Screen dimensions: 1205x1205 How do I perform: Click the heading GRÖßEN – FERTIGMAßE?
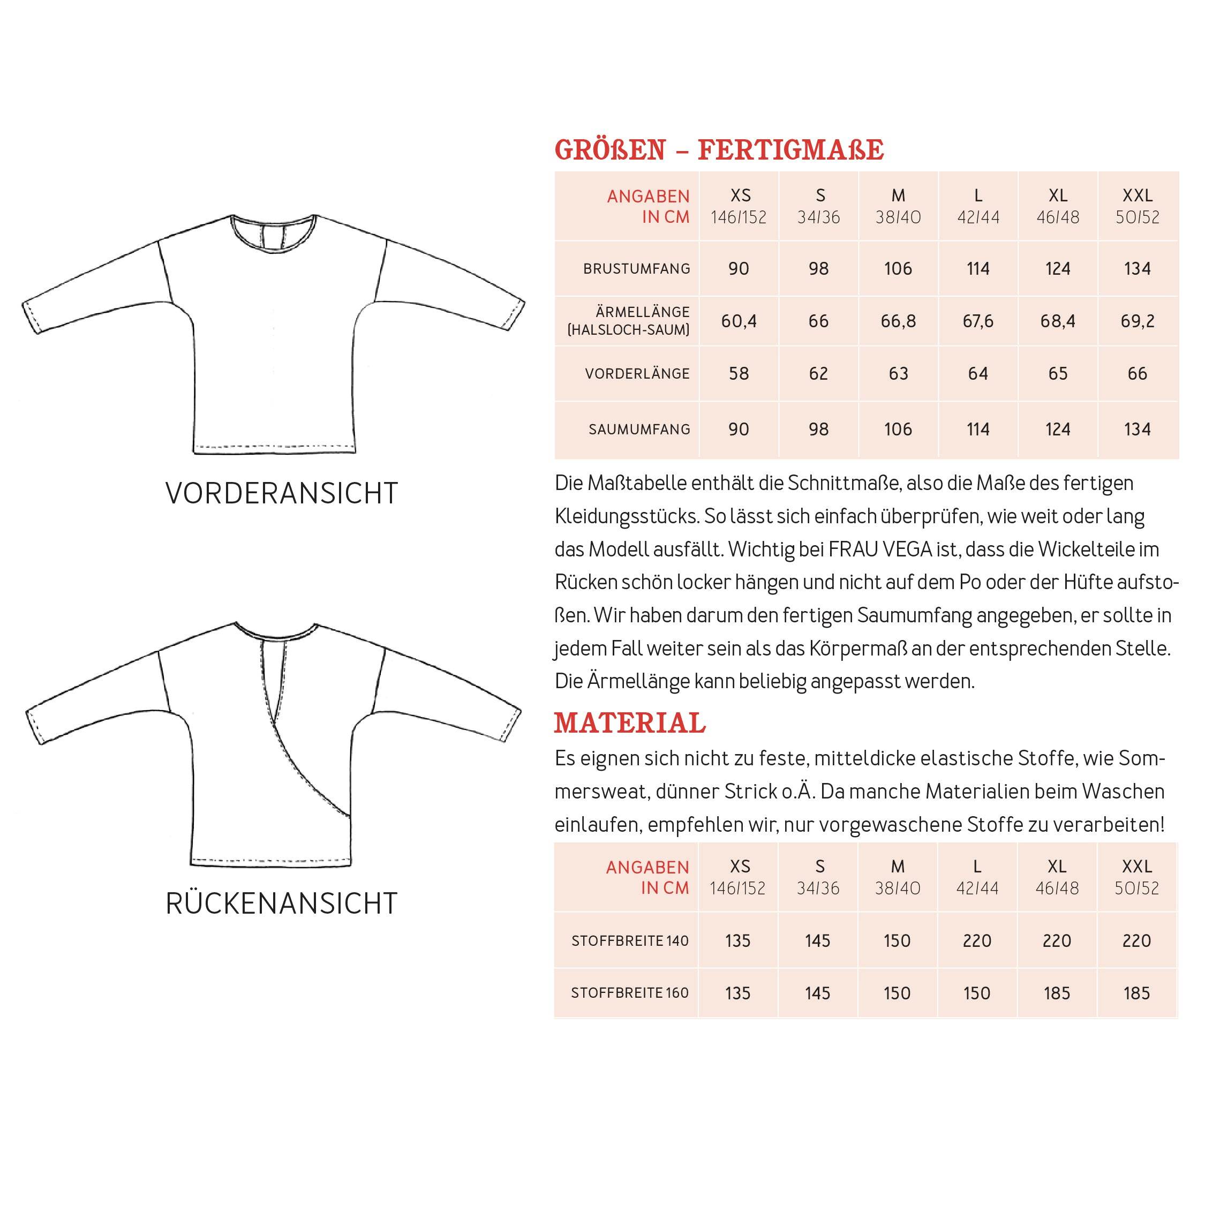pyautogui.click(x=719, y=150)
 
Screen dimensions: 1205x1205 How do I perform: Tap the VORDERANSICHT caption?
pyautogui.click(x=281, y=493)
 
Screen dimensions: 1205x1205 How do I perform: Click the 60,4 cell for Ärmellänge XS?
pyautogui.click(x=739, y=321)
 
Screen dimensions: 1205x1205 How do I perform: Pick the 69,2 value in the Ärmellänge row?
pyautogui.click(x=1137, y=321)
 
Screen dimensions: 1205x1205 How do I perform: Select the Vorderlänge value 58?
pyautogui.click(x=739, y=374)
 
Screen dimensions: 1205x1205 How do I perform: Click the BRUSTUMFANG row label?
pyautogui.click(x=636, y=269)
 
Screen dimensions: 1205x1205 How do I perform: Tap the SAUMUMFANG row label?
pyautogui.click(x=639, y=429)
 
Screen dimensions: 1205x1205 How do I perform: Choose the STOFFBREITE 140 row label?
pyautogui.click(x=630, y=940)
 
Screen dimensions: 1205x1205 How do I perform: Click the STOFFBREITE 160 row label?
pyautogui.click(x=630, y=993)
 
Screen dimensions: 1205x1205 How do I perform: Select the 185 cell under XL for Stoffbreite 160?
pyautogui.click(x=1057, y=993)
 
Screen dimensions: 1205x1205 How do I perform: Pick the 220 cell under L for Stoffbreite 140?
pyautogui.click(x=977, y=940)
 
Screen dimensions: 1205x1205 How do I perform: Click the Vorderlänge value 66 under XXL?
pyautogui.click(x=1137, y=374)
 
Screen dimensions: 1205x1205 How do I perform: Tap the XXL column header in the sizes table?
pyautogui.click(x=1137, y=196)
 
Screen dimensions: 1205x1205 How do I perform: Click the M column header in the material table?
pyautogui.click(x=898, y=867)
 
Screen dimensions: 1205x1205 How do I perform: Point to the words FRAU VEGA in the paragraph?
pyautogui.click(x=880, y=549)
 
